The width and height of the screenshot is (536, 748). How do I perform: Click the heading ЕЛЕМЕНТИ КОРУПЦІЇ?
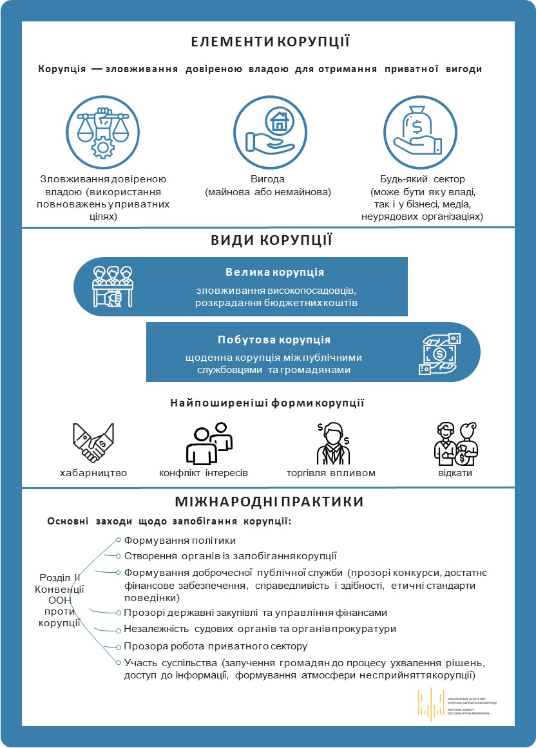(x=270, y=43)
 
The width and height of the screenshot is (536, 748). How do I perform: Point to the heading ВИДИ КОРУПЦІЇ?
(x=271, y=241)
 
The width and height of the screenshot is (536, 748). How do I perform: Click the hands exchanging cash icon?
(x=440, y=353)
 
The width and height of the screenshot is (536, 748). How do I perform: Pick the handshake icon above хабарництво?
(x=93, y=443)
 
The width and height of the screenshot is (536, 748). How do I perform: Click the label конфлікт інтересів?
(x=204, y=473)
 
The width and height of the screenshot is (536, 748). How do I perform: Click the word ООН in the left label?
(x=59, y=600)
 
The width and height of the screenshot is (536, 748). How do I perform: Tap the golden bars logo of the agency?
(x=428, y=704)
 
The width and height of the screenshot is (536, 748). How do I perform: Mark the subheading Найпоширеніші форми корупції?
(x=267, y=404)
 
